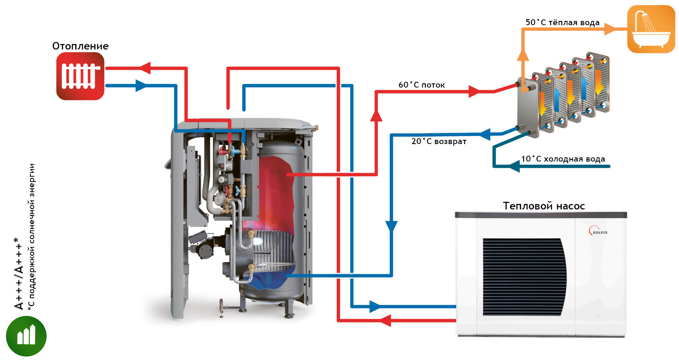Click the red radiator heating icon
coord(80,76)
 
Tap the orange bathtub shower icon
coord(651,29)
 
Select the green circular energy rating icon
coord(27,336)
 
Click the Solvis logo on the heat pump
coord(598,231)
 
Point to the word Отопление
coord(80,46)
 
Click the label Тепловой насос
coord(544,206)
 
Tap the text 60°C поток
coord(421,85)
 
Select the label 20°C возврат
coord(439,142)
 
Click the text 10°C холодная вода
coord(563,159)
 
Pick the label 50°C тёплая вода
coord(562,22)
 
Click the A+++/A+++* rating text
coord(18,274)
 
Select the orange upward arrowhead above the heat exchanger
coord(523,56)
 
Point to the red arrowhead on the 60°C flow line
coord(474,91)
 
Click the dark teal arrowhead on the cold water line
coord(514,166)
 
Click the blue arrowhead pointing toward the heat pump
coord(375,307)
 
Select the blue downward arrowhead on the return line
coord(391,227)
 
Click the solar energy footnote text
coord(31,237)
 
